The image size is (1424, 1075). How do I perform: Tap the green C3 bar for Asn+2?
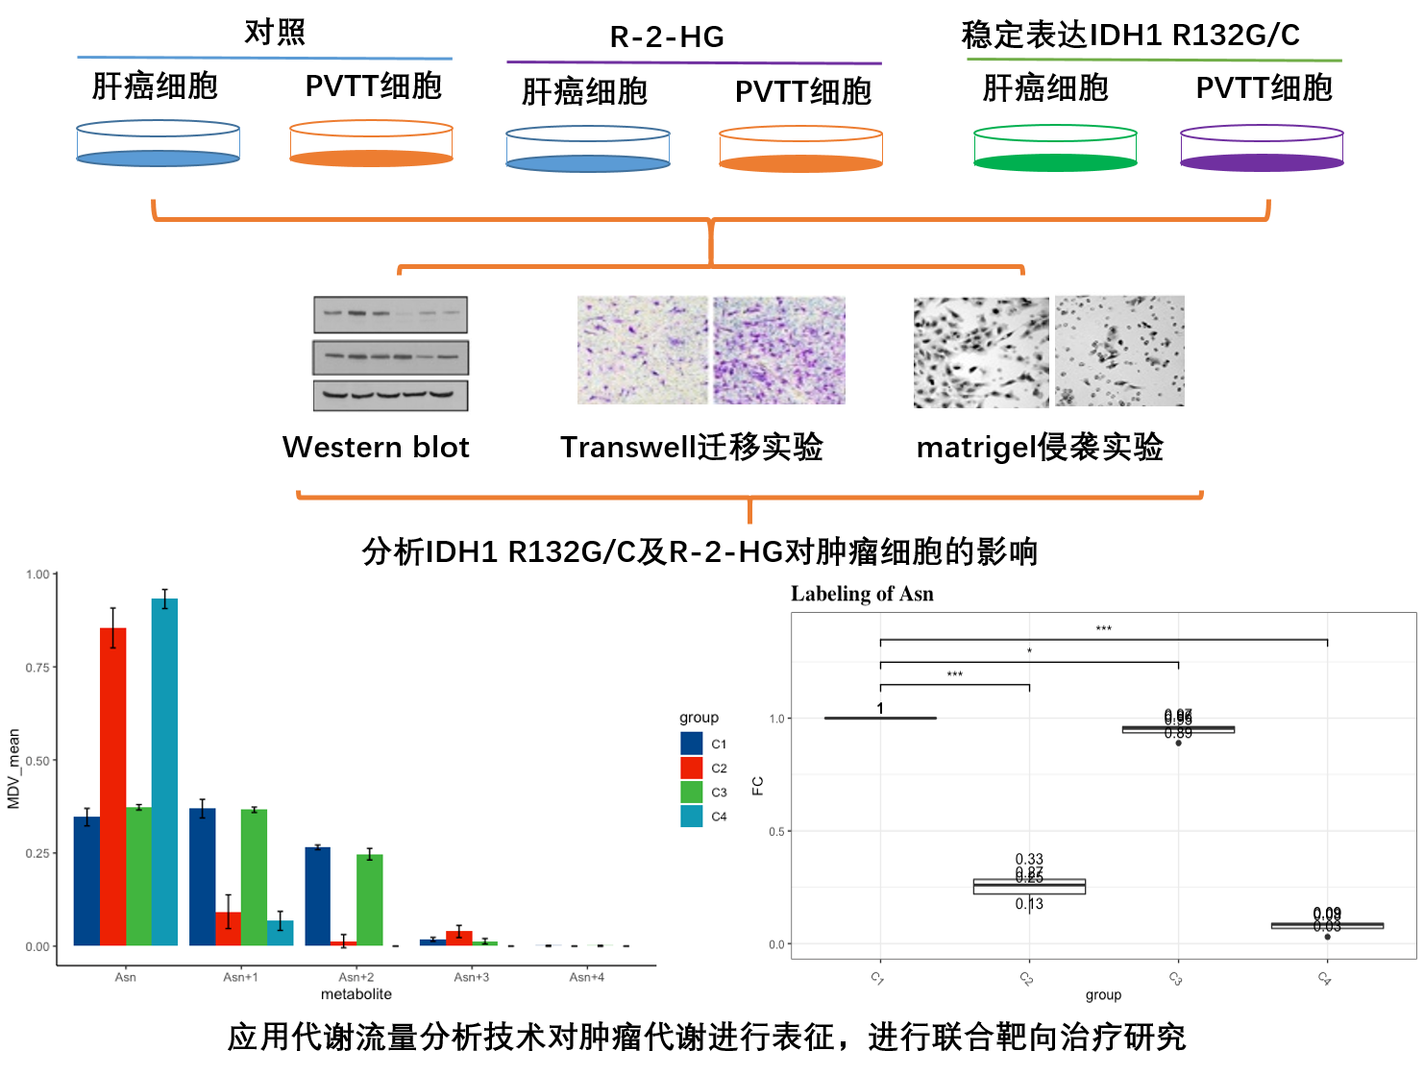coord(369,899)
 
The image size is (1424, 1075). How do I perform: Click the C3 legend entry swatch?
coord(691,793)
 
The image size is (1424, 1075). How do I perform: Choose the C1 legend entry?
coord(703,744)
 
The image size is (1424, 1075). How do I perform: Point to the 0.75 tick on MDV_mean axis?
coord(37,667)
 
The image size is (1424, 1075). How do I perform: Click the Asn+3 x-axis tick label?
coord(471,977)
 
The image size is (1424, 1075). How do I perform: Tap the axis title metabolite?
coord(356,994)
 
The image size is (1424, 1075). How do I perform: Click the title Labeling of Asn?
coord(862,594)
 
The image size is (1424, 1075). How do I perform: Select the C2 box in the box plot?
coord(1029,887)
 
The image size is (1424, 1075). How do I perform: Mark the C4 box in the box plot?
coord(1327,926)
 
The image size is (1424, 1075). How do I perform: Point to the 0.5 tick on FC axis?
coord(777,831)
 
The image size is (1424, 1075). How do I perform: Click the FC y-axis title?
coord(758,785)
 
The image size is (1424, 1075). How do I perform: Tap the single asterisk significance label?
coord(1029,652)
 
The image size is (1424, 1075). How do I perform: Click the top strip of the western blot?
coord(391,314)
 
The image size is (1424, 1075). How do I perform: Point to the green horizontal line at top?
coord(1153,60)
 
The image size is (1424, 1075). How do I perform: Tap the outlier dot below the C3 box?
coord(1179,743)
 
